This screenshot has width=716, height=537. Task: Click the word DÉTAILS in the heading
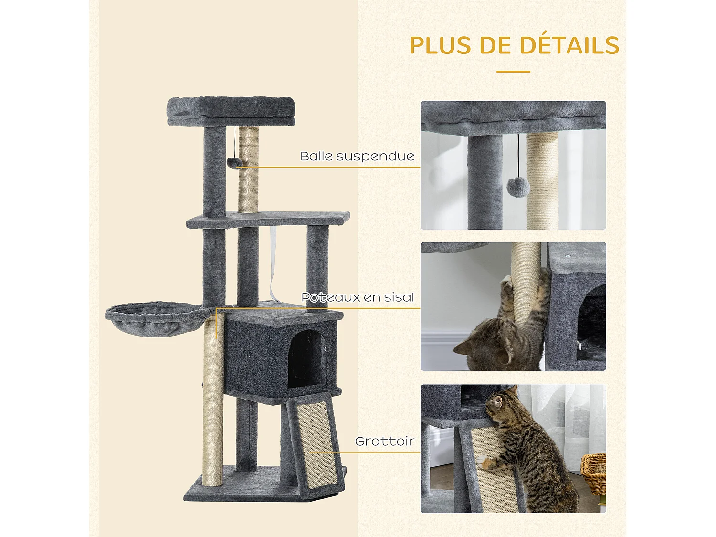(x=569, y=46)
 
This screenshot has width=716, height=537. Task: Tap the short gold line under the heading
(x=513, y=72)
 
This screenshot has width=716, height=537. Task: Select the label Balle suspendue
(x=357, y=156)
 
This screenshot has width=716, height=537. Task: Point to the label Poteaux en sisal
(x=358, y=297)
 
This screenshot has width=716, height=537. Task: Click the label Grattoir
(x=385, y=441)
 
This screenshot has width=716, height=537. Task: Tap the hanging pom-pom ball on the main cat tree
(x=234, y=162)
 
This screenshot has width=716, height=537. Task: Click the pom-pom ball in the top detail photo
(x=518, y=187)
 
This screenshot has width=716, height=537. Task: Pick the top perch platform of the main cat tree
(x=231, y=111)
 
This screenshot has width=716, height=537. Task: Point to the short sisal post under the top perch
(x=248, y=169)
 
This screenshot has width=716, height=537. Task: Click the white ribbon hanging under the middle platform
(x=273, y=263)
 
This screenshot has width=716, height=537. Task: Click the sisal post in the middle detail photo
(x=526, y=282)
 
